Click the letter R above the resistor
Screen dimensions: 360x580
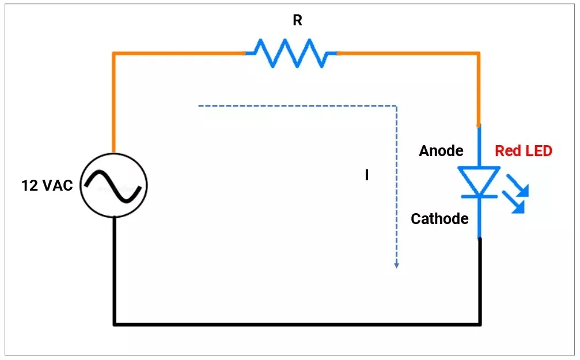point(297,21)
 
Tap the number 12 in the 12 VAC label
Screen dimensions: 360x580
point(30,185)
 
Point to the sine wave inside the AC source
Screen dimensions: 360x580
point(113,185)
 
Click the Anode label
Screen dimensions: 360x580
point(441,151)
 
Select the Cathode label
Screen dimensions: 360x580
point(439,219)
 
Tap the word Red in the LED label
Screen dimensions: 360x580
point(507,151)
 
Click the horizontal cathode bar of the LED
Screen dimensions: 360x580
point(479,196)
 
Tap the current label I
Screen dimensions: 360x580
point(367,176)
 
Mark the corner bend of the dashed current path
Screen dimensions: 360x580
point(396,106)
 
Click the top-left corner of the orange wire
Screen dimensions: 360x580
point(114,54)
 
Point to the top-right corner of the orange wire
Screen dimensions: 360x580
point(478,54)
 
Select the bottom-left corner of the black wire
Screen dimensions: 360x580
point(115,324)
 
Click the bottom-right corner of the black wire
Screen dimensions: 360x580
point(479,324)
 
